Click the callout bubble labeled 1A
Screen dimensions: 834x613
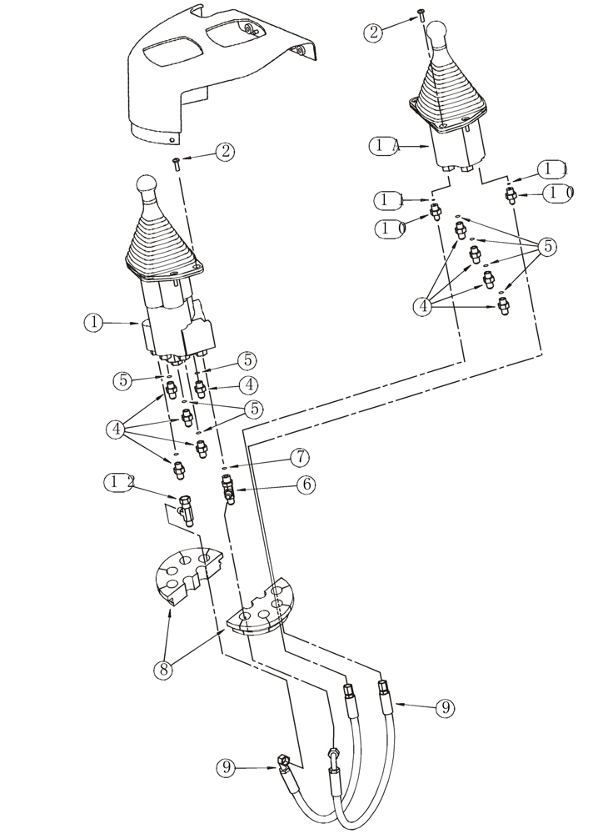point(385,145)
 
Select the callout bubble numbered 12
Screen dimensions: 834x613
point(122,482)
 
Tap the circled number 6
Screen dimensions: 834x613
point(305,484)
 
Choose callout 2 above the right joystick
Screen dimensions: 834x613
point(376,33)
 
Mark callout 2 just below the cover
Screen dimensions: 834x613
point(223,152)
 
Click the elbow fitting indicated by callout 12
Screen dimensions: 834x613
point(186,509)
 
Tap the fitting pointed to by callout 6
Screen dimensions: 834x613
point(227,490)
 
